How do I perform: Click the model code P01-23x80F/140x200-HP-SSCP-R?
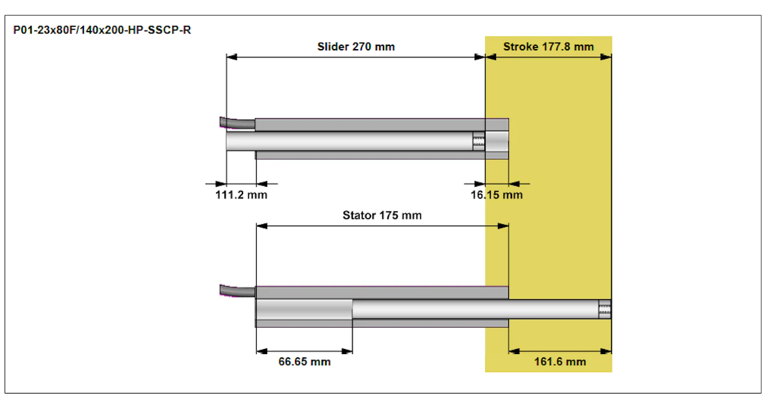[102, 30]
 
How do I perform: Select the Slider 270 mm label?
[356, 47]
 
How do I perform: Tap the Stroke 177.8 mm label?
[548, 47]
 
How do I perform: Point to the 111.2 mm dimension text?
[241, 195]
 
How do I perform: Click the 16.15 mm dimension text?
[497, 195]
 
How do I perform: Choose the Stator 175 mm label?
[382, 215]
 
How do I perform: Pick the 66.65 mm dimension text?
[305, 362]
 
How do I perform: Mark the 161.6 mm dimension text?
[560, 362]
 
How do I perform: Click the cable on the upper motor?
[237, 123]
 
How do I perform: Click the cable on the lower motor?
[238, 291]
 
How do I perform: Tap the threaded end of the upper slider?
[479, 141]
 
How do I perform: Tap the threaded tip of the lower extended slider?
[605, 309]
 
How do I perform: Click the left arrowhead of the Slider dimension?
[232, 57]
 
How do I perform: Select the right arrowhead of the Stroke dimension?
[606, 57]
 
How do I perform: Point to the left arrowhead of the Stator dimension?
[261, 226]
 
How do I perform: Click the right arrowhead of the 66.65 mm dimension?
[347, 352]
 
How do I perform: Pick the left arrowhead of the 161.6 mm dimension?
[514, 352]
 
